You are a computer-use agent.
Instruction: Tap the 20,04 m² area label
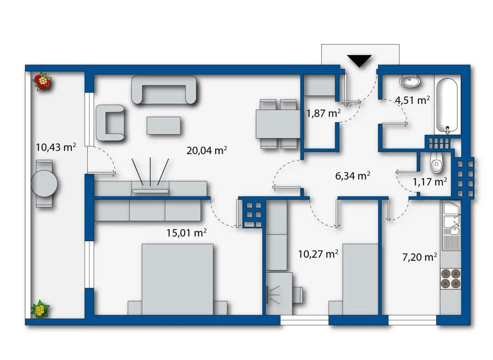click(206, 150)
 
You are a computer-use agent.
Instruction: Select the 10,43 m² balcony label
click(56, 147)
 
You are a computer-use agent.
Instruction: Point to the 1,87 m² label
click(323, 113)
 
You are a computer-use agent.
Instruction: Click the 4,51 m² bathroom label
click(412, 100)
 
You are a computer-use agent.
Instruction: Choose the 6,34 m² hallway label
click(352, 176)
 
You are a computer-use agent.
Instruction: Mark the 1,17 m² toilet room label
click(429, 182)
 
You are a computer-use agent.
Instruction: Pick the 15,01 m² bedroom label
click(186, 233)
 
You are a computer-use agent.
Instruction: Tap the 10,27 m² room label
click(318, 254)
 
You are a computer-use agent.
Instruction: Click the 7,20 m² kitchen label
click(419, 257)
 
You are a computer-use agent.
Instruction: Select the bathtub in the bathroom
click(447, 106)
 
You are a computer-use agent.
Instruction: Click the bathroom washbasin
click(410, 81)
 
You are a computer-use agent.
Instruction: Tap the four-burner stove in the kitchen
click(450, 278)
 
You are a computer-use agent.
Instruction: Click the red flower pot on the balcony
click(42, 81)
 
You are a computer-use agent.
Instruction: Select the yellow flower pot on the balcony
click(40, 309)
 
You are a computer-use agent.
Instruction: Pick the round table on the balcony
click(44, 184)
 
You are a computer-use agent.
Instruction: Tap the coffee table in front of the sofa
click(163, 125)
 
